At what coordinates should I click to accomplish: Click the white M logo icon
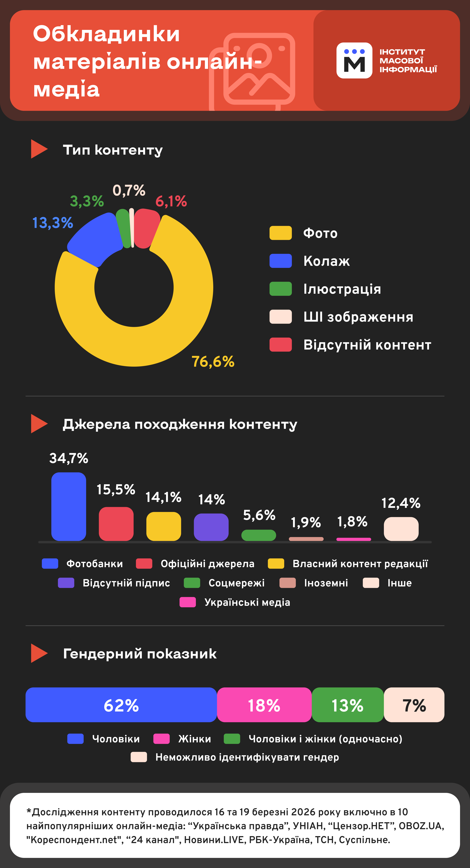tap(354, 61)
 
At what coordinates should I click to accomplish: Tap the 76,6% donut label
tap(213, 362)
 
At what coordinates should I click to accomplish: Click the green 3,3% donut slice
tap(123, 228)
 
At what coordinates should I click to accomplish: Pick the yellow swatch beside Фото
tap(280, 233)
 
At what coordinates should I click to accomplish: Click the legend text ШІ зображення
tap(358, 317)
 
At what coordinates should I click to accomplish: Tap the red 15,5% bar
tap(116, 524)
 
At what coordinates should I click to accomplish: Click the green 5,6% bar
tap(258, 535)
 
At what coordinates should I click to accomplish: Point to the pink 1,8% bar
tap(353, 539)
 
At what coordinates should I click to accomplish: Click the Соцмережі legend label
tap(236, 583)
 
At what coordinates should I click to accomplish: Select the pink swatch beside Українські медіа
tap(188, 602)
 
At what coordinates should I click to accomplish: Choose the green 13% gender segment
tap(347, 705)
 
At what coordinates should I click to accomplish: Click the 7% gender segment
tap(414, 705)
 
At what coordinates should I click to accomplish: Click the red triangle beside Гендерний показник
tap(38, 653)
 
